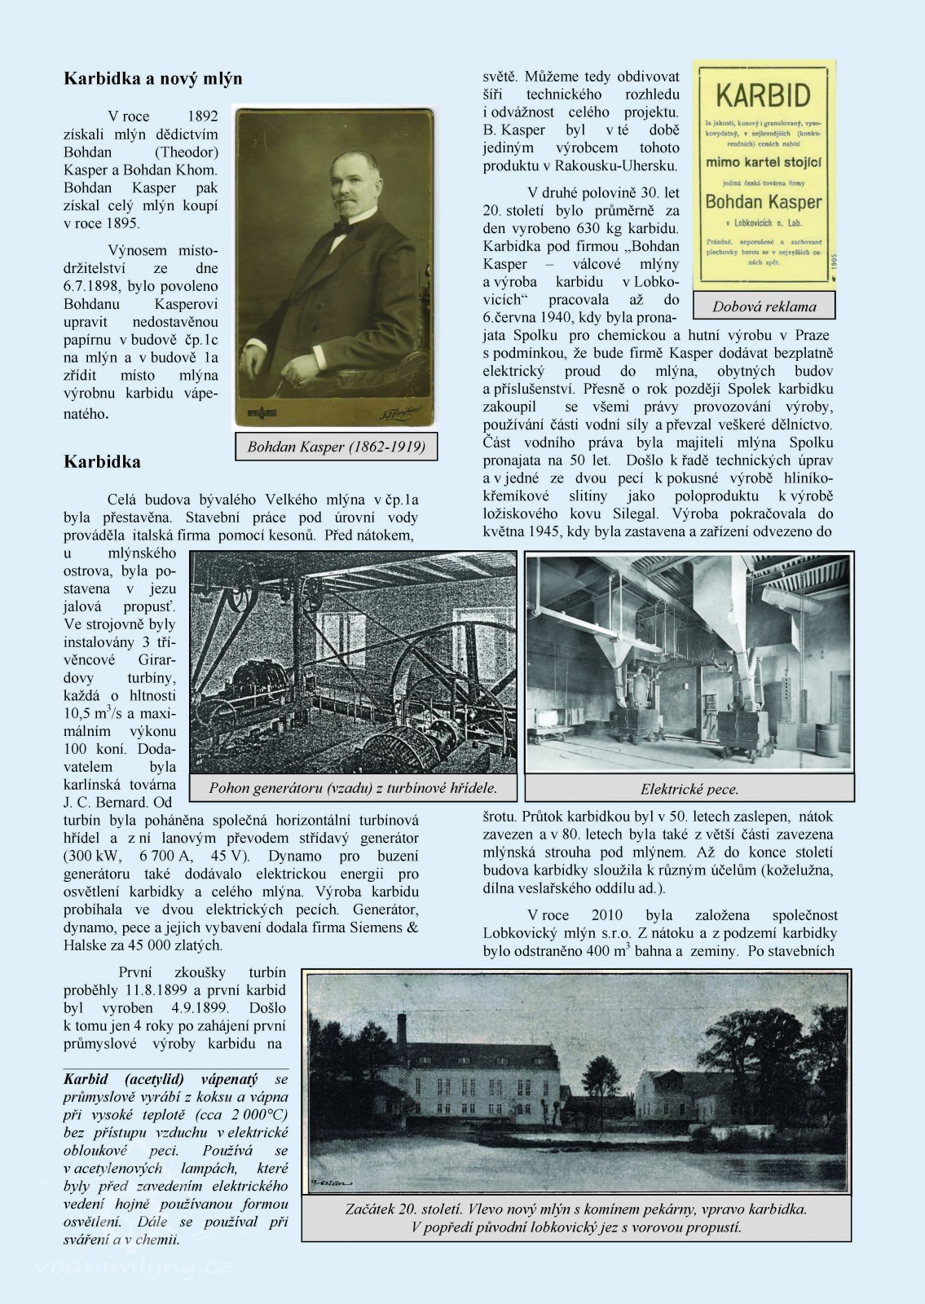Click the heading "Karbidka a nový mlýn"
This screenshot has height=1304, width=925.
click(153, 79)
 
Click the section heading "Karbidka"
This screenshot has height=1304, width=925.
click(102, 462)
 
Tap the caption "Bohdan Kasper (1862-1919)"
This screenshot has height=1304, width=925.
click(336, 447)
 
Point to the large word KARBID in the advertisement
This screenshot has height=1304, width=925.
click(764, 96)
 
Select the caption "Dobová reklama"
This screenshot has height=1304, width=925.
click(764, 306)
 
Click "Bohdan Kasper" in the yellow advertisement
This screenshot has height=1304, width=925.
click(764, 201)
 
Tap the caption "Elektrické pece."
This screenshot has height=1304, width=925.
click(689, 789)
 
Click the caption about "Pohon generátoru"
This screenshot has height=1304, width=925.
click(353, 787)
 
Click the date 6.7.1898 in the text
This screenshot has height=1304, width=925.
click(95, 286)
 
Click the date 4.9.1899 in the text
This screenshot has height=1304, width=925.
click(199, 1007)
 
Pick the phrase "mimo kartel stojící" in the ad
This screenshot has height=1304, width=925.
click(764, 162)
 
